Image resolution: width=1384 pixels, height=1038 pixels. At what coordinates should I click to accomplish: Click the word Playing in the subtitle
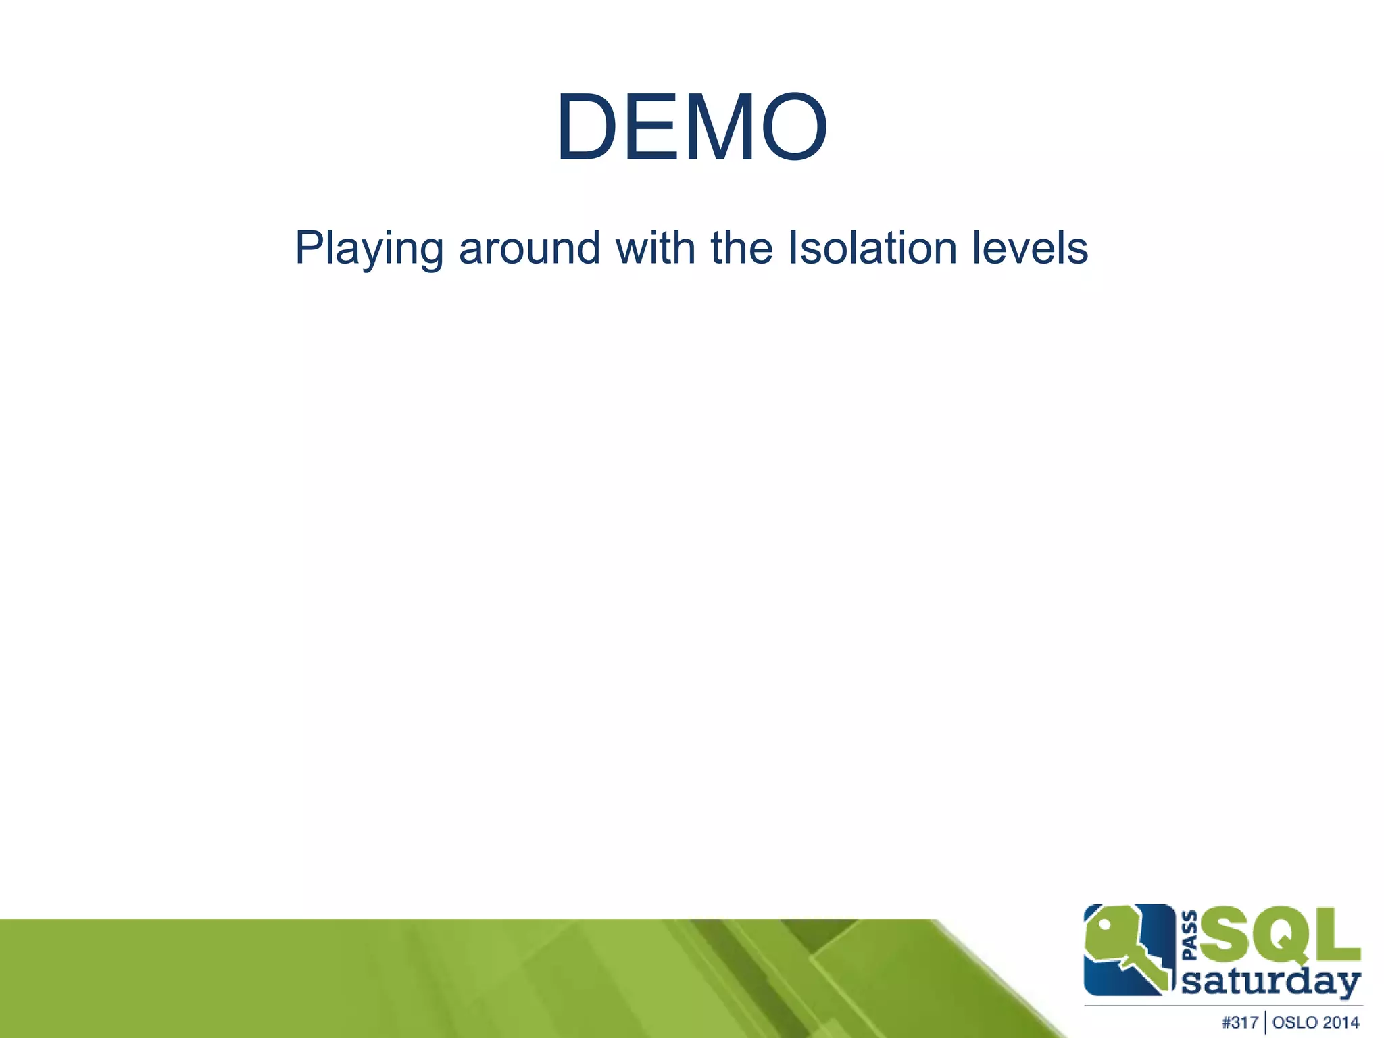point(369,249)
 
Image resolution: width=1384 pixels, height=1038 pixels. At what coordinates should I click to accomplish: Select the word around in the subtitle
point(529,247)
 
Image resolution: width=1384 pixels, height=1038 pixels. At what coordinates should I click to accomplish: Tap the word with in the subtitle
point(656,247)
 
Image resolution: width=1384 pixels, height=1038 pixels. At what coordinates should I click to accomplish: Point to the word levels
point(1030,247)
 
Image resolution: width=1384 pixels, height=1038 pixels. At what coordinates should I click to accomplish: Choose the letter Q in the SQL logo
point(1281,936)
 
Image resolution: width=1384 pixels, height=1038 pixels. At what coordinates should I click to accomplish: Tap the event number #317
point(1240,1022)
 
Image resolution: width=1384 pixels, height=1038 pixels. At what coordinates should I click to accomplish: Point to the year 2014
point(1342,1022)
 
